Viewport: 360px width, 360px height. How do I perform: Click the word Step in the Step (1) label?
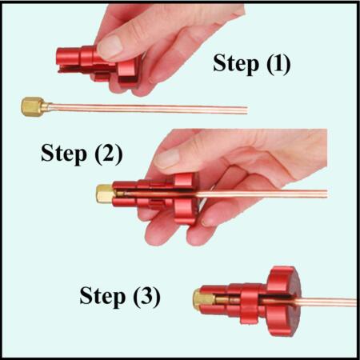click(x=236, y=64)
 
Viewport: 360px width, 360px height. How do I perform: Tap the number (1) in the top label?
click(x=278, y=63)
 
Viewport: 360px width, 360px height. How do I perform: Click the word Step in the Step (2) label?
click(x=64, y=154)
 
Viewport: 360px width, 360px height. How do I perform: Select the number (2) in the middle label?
click(x=109, y=154)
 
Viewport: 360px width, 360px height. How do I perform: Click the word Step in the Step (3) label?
click(x=102, y=297)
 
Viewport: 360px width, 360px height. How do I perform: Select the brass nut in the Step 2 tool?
click(x=105, y=194)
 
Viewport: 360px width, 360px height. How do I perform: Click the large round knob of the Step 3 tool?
click(x=284, y=300)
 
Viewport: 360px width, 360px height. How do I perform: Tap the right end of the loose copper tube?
click(x=247, y=110)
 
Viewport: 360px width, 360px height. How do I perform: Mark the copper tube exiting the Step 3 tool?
click(x=328, y=302)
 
